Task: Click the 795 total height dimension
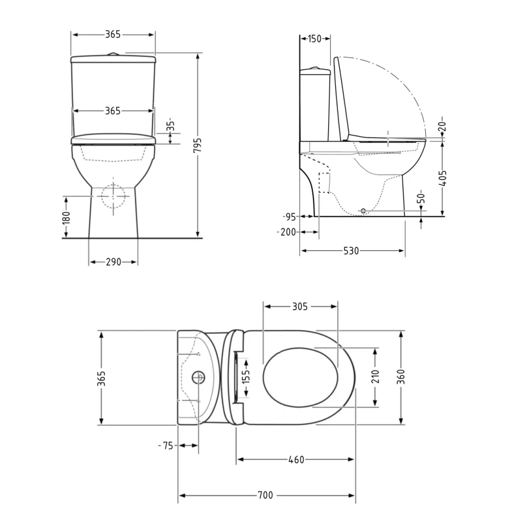coord(198,145)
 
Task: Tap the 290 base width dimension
coord(113,262)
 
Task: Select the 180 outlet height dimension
coord(66,217)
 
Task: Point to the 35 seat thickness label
coord(171,124)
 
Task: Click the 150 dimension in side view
coord(314,39)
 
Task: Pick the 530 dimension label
coord(351,251)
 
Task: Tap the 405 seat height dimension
coord(443,178)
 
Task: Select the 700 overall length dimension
coord(265,495)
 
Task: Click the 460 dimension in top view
coord(296,460)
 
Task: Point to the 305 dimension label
coord(300,307)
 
